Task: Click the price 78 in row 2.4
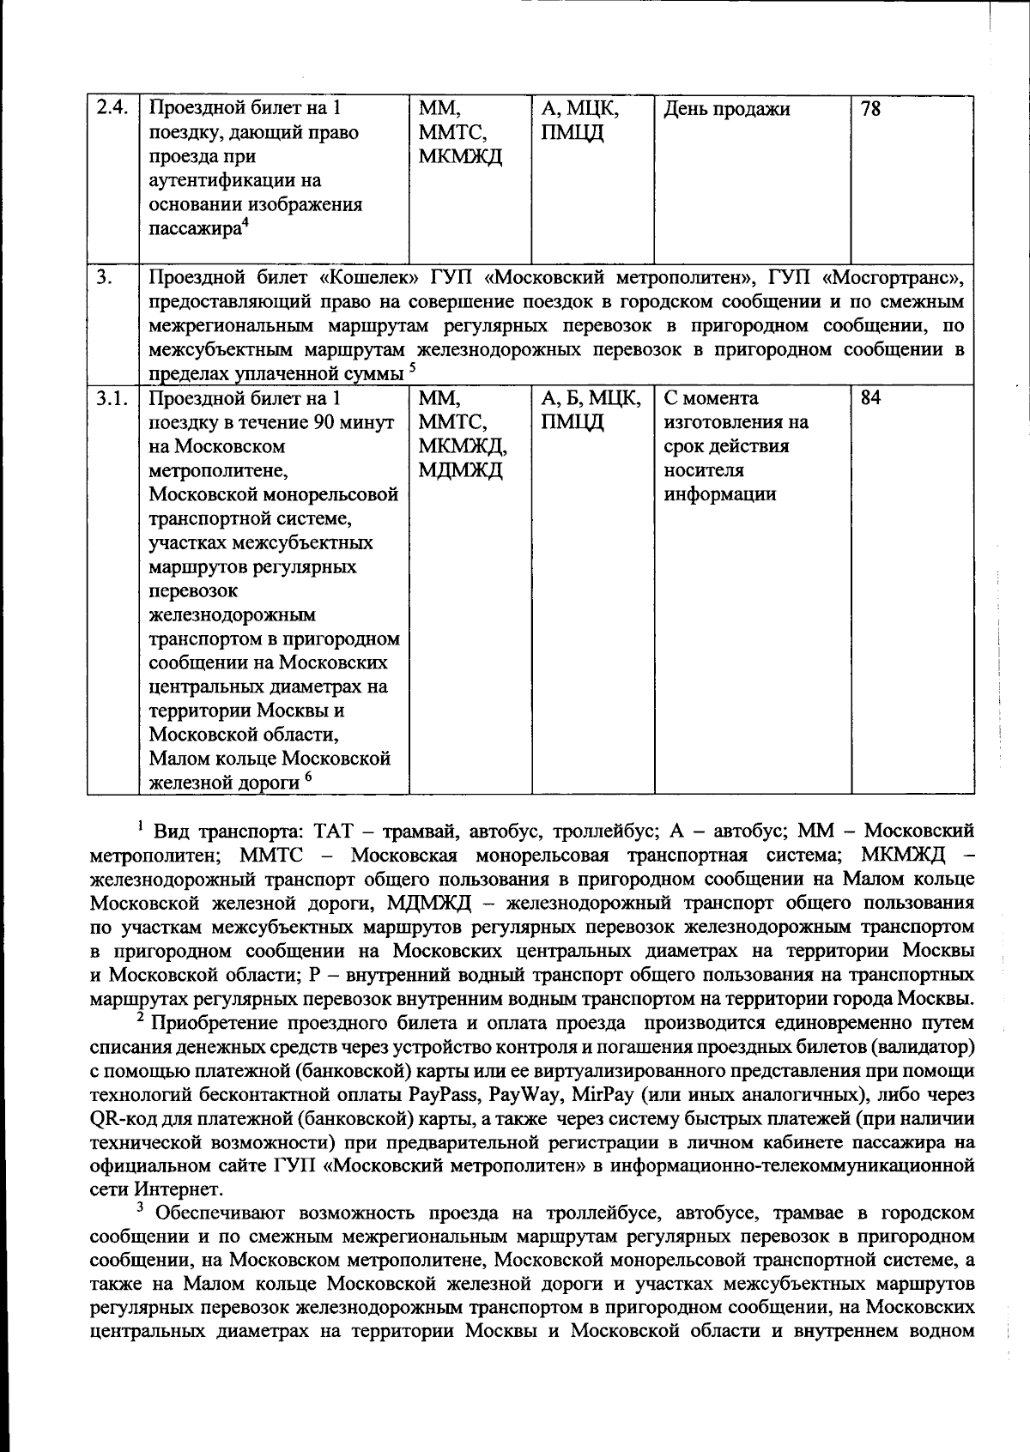click(x=870, y=109)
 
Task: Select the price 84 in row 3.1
click(x=870, y=398)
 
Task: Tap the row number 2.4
click(x=112, y=109)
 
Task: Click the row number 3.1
click(x=112, y=398)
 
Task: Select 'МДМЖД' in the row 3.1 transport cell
click(x=460, y=470)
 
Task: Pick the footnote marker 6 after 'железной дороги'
click(x=307, y=777)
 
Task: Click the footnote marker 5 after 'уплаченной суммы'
click(x=412, y=369)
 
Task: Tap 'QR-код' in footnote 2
click(x=118, y=1119)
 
